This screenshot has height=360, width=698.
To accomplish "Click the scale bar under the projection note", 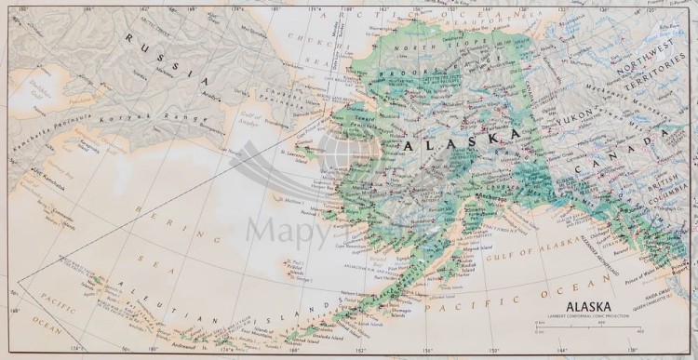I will click(588, 326).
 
